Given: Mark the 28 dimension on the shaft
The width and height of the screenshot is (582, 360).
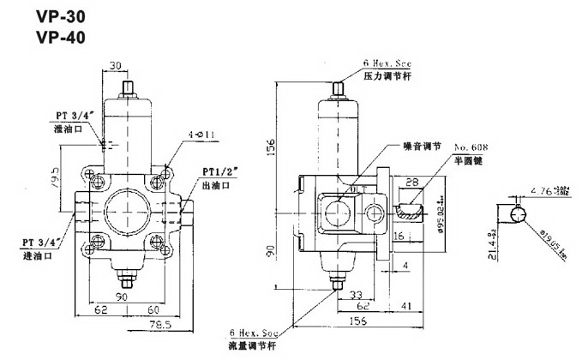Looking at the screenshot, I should click(x=412, y=183).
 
